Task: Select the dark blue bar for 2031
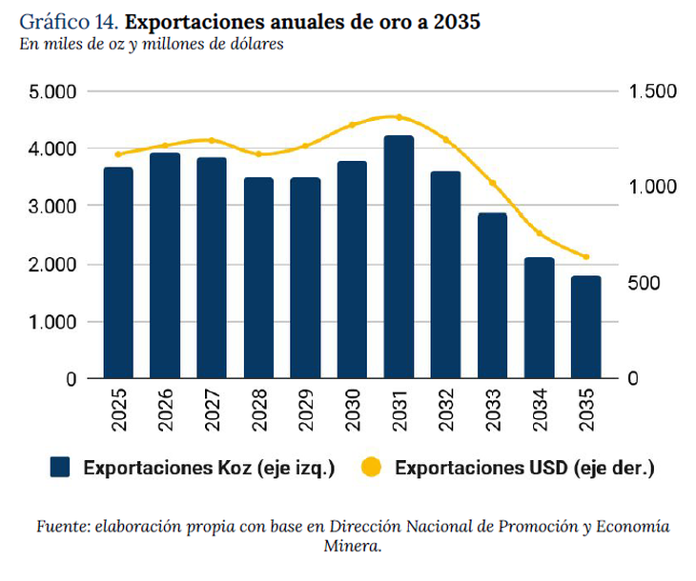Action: (x=399, y=257)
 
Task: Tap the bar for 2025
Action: (x=118, y=272)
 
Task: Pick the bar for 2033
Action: (x=492, y=295)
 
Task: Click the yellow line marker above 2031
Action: (x=399, y=117)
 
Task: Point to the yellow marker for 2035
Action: (x=585, y=257)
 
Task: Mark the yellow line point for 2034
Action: (x=539, y=233)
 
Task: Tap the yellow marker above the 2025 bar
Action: (x=118, y=154)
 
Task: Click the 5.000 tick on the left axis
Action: (x=54, y=91)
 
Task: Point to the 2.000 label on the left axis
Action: (x=54, y=264)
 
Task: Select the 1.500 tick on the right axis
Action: (x=652, y=91)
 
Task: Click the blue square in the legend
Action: (x=61, y=467)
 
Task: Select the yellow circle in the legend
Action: (x=372, y=467)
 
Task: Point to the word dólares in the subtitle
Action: (x=253, y=44)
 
